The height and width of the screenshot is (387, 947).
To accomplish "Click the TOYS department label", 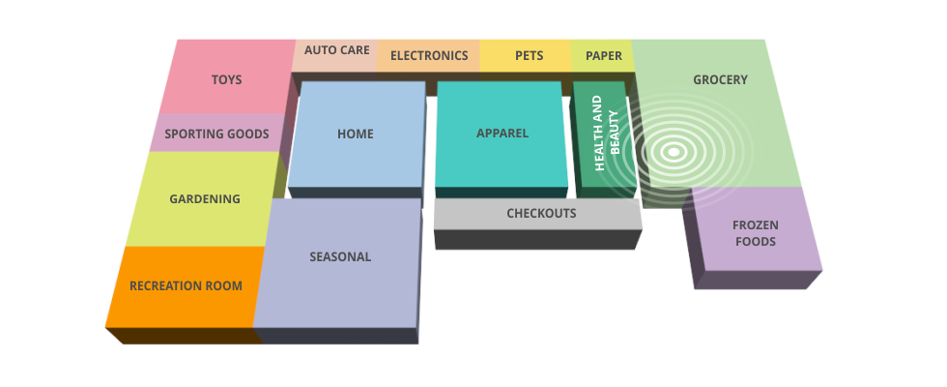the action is [x=226, y=79].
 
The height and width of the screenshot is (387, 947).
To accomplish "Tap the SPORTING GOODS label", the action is [x=216, y=134].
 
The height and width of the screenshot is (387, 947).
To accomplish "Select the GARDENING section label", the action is [x=205, y=199].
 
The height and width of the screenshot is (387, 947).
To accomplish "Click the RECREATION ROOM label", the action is [x=186, y=286].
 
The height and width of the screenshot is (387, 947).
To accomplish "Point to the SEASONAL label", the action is [x=340, y=257].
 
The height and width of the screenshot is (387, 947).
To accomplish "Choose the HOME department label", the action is [x=356, y=134].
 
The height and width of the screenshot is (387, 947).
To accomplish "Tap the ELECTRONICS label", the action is [x=429, y=56].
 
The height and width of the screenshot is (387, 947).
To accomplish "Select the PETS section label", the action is [x=530, y=56].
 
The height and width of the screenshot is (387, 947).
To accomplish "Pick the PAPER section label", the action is [x=604, y=56].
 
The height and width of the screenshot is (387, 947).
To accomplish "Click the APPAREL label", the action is [x=502, y=134].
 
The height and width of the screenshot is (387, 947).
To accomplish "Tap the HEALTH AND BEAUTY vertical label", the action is [x=607, y=134].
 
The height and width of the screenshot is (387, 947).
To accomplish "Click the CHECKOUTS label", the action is [x=541, y=214].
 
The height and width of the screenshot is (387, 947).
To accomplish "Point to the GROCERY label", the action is [x=721, y=79].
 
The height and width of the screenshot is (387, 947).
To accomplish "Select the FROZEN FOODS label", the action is [x=756, y=233].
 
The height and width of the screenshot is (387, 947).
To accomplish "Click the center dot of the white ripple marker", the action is [x=673, y=153].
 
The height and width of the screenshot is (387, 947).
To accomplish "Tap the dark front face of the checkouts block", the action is [x=536, y=240].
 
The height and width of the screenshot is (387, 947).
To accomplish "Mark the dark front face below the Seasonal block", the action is [x=337, y=336].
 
